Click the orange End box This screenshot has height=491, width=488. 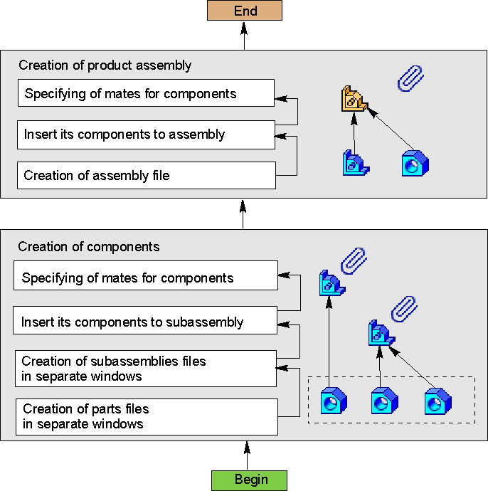point(245,11)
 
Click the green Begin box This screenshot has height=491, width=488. point(249,480)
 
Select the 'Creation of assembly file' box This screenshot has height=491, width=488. point(147,175)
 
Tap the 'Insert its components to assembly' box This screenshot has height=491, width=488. point(147,134)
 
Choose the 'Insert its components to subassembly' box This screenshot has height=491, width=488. point(146,321)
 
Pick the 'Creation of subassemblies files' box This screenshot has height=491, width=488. point(146,369)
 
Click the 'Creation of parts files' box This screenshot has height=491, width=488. point(146,417)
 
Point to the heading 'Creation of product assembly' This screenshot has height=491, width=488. point(105,65)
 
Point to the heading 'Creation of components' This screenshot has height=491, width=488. point(89,247)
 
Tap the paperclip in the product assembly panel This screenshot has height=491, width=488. point(410,78)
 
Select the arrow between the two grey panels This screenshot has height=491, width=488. point(243,213)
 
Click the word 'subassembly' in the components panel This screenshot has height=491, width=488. point(208,322)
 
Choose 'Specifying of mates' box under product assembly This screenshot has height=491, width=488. point(147,93)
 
